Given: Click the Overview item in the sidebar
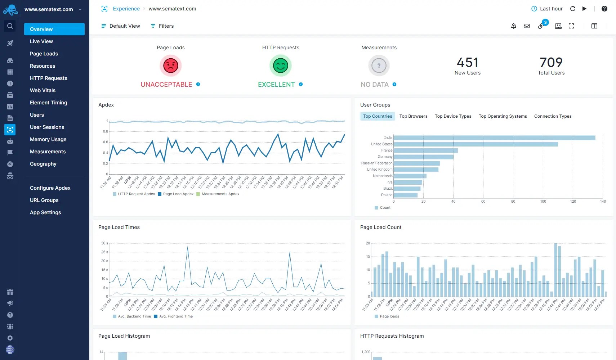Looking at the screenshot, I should point(54,29).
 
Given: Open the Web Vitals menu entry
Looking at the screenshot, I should point(43,90).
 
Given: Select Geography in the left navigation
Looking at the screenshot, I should point(43,164).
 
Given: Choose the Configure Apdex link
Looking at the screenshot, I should point(50,188).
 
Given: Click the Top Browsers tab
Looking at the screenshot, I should point(413,116).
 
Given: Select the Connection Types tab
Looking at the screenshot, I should point(553,116).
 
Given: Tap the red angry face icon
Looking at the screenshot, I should point(171,66).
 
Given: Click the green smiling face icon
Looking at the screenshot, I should point(281,66).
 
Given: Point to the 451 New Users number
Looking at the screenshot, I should point(467,63).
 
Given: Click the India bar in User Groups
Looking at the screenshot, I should point(494,138).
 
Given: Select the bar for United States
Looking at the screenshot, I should point(476,144).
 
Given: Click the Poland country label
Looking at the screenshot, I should point(387,195).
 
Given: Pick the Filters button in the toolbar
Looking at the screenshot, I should point(162,26).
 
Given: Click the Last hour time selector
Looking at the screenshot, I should point(547,9).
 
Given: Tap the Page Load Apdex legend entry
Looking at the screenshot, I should point(178,194).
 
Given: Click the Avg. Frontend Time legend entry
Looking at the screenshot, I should point(175,316).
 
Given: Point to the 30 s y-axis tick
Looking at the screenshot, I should point(104,243).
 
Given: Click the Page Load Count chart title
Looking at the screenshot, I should point(380,227).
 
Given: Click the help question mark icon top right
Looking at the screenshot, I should point(604,9).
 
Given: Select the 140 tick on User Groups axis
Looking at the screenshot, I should point(603,202).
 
